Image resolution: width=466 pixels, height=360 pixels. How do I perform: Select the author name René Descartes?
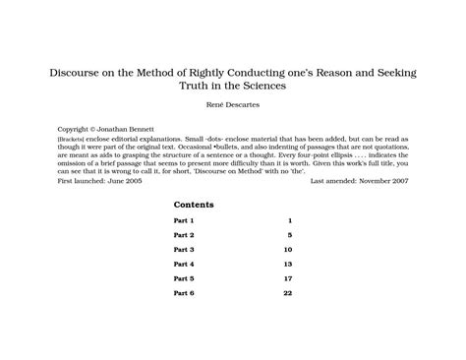click(232, 104)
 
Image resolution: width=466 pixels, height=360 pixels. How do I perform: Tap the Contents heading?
click(194, 205)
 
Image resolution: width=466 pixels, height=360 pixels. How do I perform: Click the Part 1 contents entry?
click(184, 221)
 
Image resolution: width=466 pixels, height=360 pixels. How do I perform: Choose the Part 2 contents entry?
click(184, 236)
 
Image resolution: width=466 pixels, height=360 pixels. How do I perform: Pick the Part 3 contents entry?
click(184, 251)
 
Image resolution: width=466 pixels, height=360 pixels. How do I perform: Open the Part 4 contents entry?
click(184, 265)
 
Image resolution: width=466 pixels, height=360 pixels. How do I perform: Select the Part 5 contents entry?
click(184, 279)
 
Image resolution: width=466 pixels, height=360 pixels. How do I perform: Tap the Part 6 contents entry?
click(184, 294)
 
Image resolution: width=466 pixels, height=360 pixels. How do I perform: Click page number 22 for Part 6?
click(287, 294)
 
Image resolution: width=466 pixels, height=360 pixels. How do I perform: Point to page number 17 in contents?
click(287, 279)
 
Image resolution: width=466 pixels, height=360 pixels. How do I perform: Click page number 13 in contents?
click(287, 265)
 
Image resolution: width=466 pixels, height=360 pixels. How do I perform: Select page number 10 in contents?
click(287, 251)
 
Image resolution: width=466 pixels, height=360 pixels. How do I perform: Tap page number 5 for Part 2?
click(290, 236)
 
